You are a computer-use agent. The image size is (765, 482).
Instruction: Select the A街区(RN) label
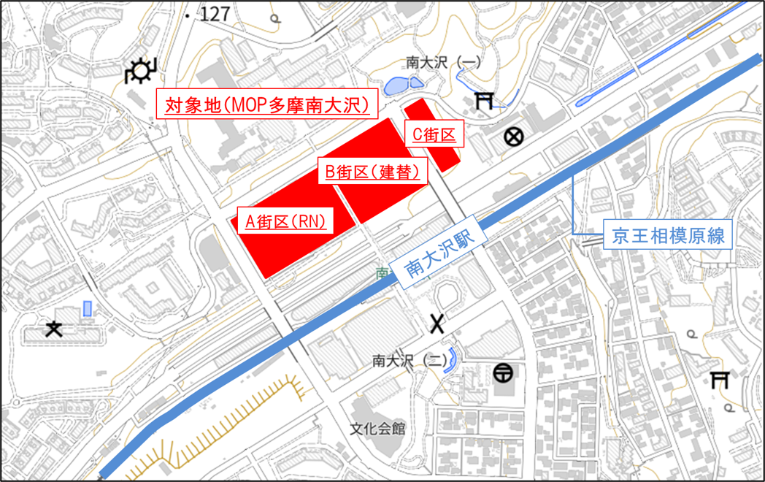[x=285, y=221]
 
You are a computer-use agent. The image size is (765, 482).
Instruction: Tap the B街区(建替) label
[x=372, y=172]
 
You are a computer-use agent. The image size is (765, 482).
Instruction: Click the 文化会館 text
[x=377, y=429]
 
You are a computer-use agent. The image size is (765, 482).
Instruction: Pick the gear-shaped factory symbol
[x=139, y=72]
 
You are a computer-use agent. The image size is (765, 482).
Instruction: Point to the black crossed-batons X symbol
[x=437, y=322]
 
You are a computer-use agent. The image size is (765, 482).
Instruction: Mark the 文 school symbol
[x=53, y=329]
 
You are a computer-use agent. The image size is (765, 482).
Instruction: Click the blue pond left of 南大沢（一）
[x=397, y=87]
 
